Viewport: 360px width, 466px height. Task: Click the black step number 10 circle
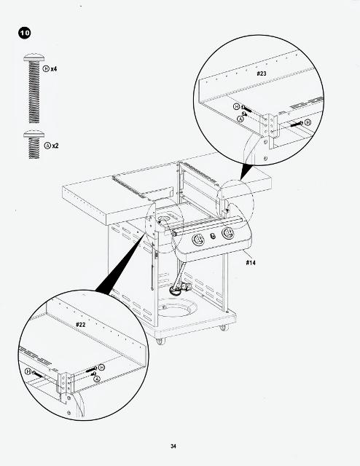pyautogui.click(x=25, y=33)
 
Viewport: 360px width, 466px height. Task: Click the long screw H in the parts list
pyautogui.click(x=34, y=88)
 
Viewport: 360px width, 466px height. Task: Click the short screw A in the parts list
pyautogui.click(x=34, y=144)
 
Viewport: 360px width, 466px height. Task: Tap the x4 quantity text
pyautogui.click(x=54, y=69)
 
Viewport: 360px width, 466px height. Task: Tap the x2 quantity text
pyautogui.click(x=55, y=146)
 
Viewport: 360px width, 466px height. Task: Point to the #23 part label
pyautogui.click(x=262, y=74)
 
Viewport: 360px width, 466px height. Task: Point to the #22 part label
pyautogui.click(x=81, y=325)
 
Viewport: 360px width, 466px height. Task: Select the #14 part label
pyautogui.click(x=251, y=262)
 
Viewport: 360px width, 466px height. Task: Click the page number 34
pyautogui.click(x=173, y=446)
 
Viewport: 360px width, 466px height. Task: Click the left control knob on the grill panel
pyautogui.click(x=198, y=239)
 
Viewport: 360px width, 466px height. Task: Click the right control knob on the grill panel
pyautogui.click(x=228, y=233)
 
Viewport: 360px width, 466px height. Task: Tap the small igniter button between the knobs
pyautogui.click(x=213, y=236)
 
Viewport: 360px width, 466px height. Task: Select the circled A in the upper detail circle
pyautogui.click(x=240, y=119)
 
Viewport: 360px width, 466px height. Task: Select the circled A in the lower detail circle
pyautogui.click(x=97, y=379)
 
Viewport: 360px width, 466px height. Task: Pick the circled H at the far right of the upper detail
pyautogui.click(x=308, y=122)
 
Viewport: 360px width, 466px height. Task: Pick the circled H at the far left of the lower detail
pyautogui.click(x=28, y=371)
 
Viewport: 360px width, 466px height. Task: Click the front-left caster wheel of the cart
pyautogui.click(x=160, y=341)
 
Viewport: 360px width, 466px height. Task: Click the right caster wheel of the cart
pyautogui.click(x=224, y=328)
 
